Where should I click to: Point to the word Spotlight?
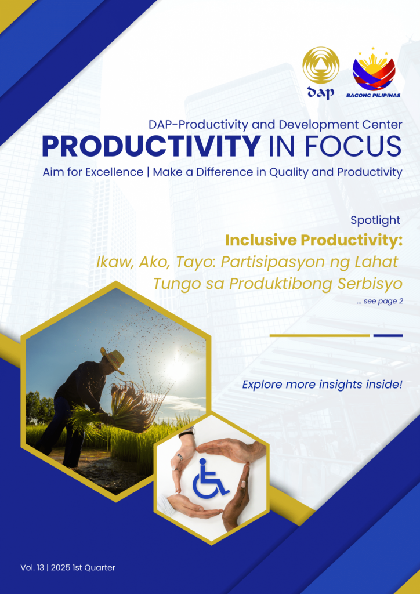[375, 220]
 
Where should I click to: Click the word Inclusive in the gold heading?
[260, 240]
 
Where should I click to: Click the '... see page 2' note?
[379, 302]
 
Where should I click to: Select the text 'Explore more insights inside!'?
[322, 385]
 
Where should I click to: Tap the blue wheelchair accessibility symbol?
[210, 478]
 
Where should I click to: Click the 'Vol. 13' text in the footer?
[32, 567]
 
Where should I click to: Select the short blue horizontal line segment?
[388, 335]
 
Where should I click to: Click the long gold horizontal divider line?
[320, 335]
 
